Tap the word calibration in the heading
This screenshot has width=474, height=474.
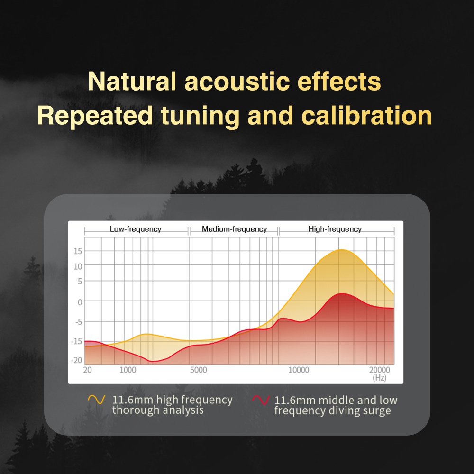(366, 115)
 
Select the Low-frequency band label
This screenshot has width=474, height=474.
(136, 229)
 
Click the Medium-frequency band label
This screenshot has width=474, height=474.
(234, 229)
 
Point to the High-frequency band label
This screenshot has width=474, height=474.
(335, 229)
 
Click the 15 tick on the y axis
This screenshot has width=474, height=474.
(78, 251)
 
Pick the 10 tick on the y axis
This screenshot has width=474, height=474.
(78, 266)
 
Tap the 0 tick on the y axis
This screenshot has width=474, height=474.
(80, 302)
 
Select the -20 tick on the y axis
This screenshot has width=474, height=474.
(76, 360)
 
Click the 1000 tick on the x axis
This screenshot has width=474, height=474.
(128, 370)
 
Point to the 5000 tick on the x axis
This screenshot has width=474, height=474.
(198, 370)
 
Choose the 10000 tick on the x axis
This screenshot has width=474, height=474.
(299, 370)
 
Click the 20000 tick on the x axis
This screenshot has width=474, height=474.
(380, 370)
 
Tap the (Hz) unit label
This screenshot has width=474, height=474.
(379, 378)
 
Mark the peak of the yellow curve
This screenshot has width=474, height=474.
(341, 250)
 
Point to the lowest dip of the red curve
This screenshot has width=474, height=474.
(153, 362)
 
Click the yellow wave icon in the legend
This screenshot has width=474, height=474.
(97, 399)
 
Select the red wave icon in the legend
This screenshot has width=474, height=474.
(261, 400)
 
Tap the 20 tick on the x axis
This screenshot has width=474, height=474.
(87, 370)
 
